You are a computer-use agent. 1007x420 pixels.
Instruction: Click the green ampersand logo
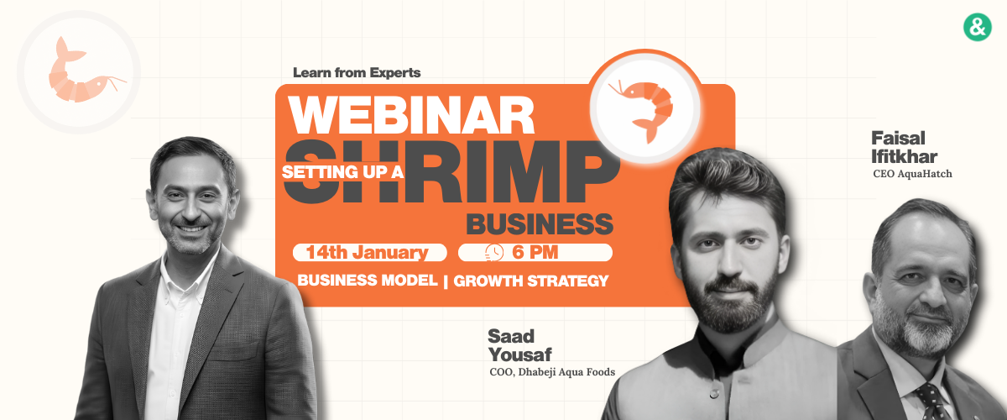coord(978,27)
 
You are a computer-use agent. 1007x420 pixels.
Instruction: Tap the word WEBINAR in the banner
coord(411,115)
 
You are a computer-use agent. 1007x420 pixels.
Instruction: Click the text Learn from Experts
coord(357,72)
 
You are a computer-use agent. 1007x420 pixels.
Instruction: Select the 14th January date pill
coord(369,253)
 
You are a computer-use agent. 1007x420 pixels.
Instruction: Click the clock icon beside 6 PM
coord(494,253)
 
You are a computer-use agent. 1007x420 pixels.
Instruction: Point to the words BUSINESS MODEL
coord(368,281)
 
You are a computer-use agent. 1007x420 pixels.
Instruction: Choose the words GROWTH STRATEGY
coord(531,281)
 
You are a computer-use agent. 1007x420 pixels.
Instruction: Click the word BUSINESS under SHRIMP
coord(540,223)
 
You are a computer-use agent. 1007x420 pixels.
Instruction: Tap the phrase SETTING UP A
coord(342,171)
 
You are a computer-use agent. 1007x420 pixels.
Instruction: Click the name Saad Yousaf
coord(519,345)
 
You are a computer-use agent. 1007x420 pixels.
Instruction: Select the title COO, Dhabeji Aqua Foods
coord(552,372)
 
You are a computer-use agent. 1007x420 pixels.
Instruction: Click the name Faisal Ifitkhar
coord(904,147)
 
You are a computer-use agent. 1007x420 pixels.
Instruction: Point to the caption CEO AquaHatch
coord(912,174)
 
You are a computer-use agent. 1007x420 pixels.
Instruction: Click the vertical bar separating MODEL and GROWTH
coord(446,281)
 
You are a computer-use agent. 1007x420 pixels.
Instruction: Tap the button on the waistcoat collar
coord(714,394)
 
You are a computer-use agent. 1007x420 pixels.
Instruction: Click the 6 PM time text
coord(535,252)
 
